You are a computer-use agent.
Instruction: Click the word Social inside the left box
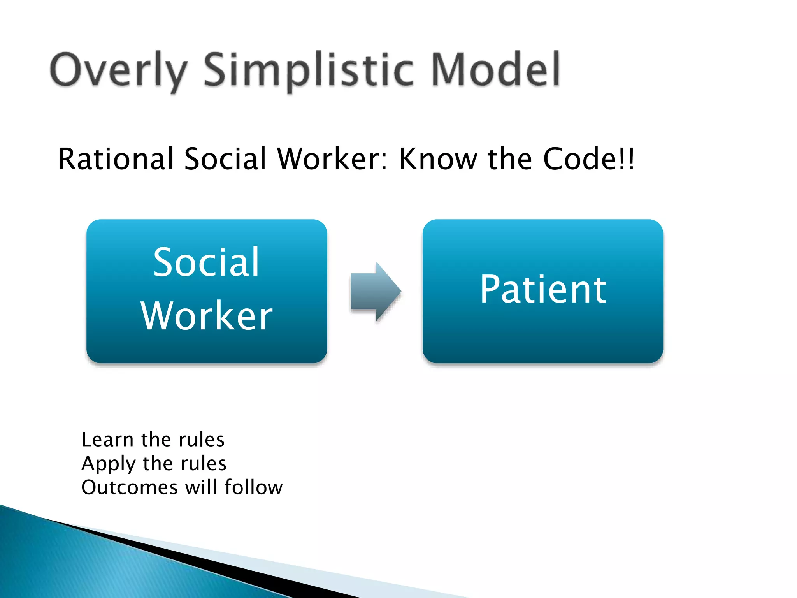click(x=206, y=262)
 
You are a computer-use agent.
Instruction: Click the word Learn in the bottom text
click(x=107, y=440)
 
